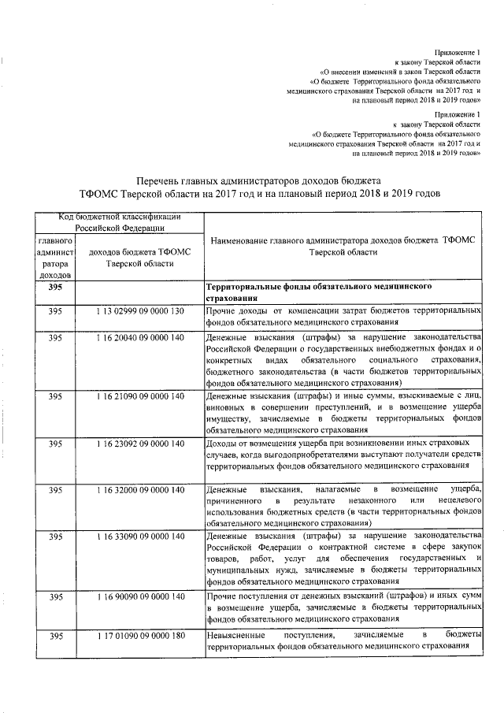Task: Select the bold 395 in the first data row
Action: pos(54,288)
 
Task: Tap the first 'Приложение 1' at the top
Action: pos(458,50)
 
